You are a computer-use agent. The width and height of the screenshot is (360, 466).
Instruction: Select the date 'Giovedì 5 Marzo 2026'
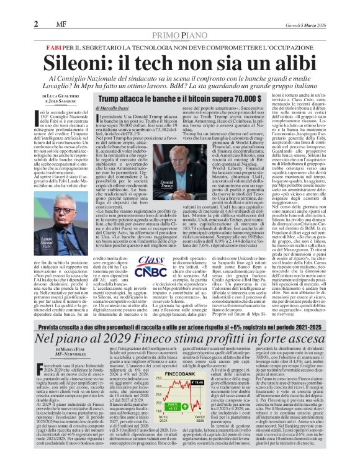(328, 7)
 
